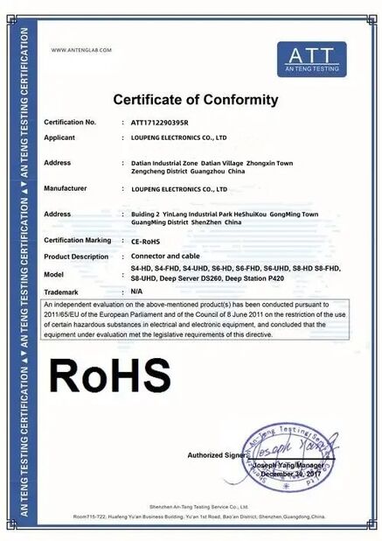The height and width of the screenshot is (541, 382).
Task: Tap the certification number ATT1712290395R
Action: coord(159,123)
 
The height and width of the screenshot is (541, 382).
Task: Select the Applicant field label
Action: coord(59,137)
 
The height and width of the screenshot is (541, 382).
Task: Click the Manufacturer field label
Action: coord(65,188)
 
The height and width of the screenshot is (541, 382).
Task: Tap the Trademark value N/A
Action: coord(136,290)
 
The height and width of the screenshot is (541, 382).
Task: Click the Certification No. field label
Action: coord(69,123)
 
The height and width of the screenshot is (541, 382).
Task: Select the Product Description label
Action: coord(76,256)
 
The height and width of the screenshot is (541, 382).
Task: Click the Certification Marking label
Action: coord(77,240)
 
